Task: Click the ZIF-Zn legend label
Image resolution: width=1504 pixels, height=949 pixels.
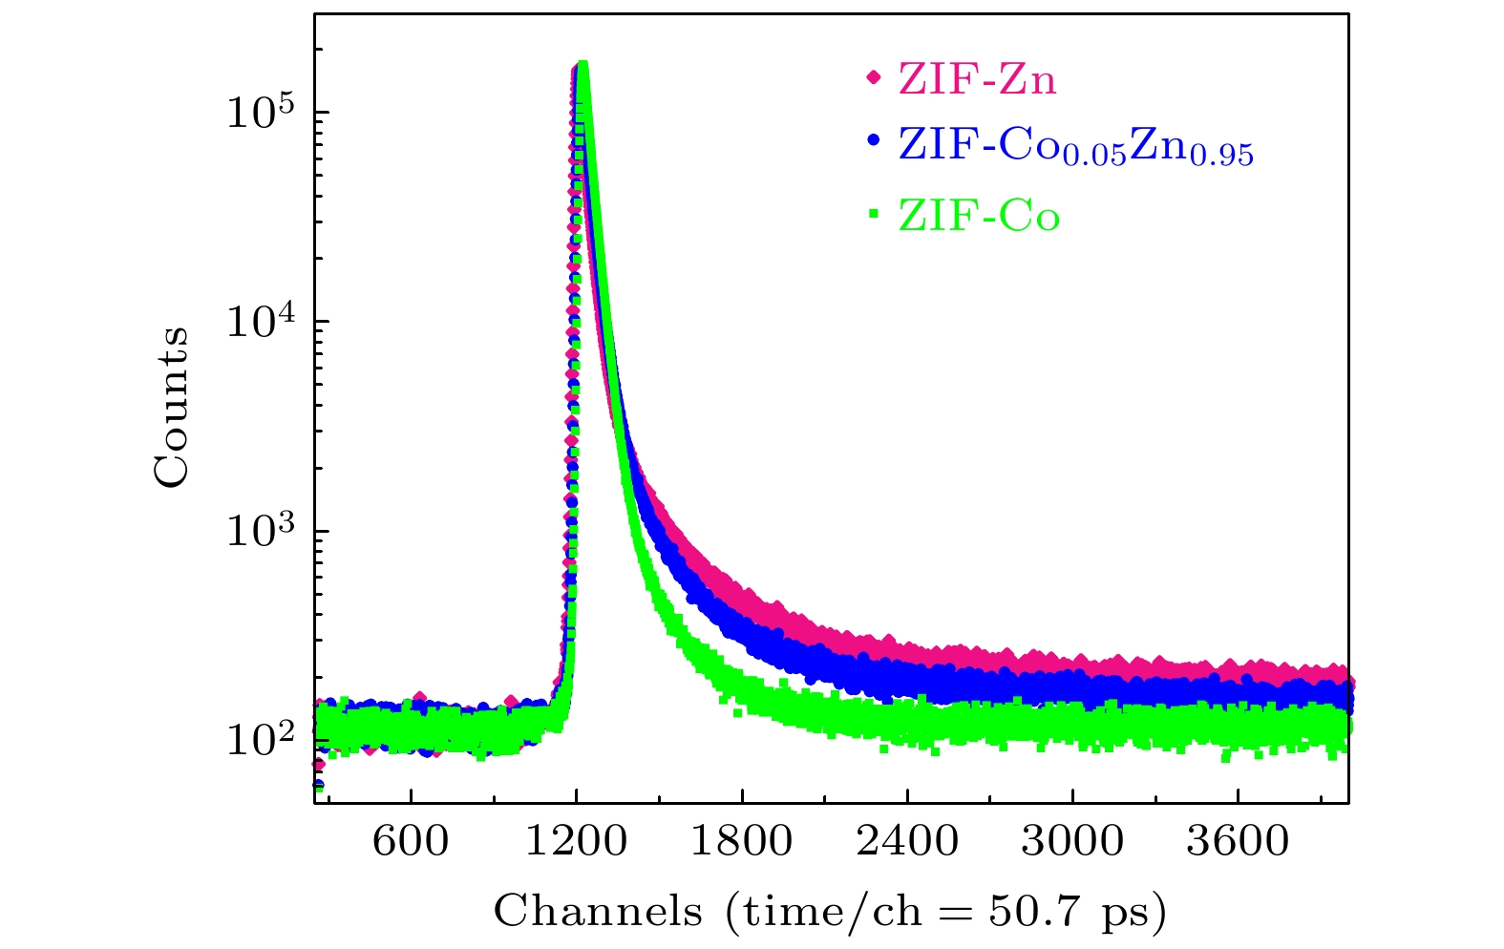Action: [977, 79]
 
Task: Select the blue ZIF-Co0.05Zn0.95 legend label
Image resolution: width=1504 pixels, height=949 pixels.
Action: [1075, 146]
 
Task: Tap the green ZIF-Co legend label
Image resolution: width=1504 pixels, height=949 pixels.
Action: [979, 217]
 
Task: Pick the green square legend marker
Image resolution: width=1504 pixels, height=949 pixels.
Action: [873, 214]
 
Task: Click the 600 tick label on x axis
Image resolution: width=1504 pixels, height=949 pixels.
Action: [411, 841]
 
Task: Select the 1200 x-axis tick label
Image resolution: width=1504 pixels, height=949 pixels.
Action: [576, 841]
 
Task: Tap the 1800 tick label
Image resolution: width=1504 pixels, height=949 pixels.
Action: [741, 841]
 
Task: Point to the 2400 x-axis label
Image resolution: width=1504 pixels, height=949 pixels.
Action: [907, 841]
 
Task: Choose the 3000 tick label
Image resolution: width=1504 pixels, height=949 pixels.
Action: [1072, 841]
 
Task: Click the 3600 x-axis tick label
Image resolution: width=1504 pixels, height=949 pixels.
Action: [1238, 841]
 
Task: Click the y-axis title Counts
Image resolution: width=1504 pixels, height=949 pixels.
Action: [172, 407]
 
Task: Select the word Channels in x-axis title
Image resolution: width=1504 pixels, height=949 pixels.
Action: [598, 911]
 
